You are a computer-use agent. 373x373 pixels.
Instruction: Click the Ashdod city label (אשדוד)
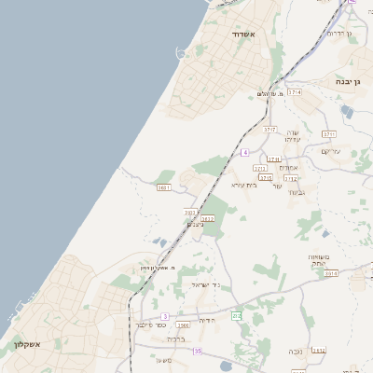pos(250,35)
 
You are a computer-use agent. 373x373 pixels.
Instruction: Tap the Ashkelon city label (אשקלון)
pos(27,344)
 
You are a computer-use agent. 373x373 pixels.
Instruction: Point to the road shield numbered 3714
pos(296,92)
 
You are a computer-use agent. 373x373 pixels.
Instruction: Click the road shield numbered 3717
pos(269,129)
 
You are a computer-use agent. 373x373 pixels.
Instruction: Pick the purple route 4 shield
pos(244,151)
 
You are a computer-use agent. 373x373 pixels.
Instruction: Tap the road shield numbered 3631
pos(164,188)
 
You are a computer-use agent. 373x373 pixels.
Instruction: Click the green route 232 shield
pos(237,316)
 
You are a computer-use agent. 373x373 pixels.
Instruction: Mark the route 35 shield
pos(198,351)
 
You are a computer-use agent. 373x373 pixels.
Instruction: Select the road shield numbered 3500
pos(183,325)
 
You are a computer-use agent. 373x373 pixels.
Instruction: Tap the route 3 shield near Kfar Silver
pos(165,316)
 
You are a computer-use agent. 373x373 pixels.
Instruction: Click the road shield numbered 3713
pos(260,168)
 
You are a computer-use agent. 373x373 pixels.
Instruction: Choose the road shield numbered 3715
pos(266,177)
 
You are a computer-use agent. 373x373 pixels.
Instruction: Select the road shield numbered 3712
pos(291,177)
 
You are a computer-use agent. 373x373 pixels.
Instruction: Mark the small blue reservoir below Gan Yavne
pos(347,111)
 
